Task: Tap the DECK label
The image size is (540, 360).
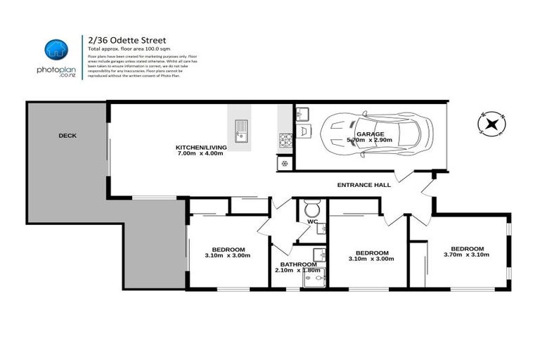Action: (67, 136)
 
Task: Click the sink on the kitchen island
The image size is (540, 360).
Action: (241, 130)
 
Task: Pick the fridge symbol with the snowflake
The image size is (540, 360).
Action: (285, 162)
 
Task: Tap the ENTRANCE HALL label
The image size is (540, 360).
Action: (364, 184)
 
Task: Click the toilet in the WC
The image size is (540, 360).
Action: (312, 209)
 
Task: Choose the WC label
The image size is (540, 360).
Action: (312, 222)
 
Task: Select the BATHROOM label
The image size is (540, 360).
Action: (298, 264)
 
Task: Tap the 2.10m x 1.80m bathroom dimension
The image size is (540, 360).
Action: (298, 270)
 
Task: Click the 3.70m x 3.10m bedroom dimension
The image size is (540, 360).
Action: (467, 255)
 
